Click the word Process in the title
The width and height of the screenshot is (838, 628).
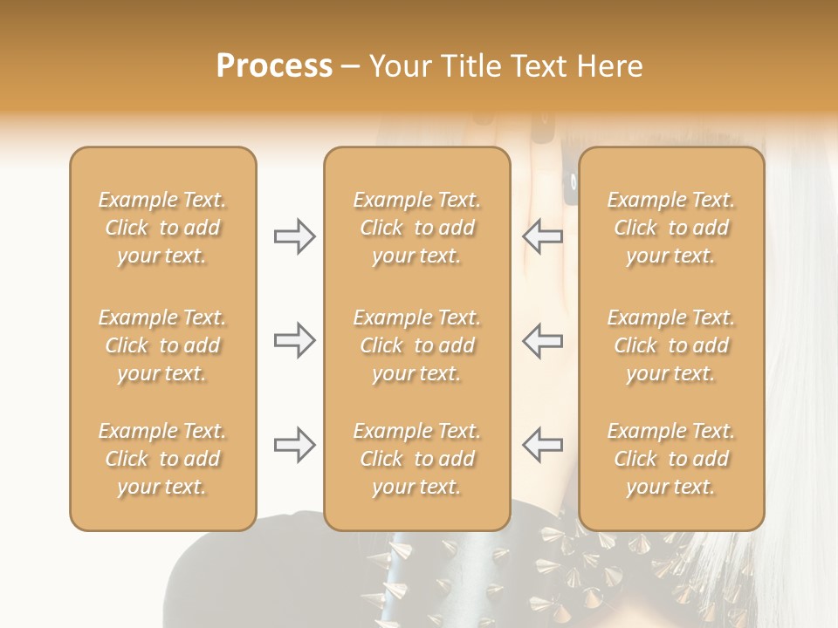pos(274,66)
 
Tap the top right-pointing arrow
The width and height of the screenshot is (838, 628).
pos(295,236)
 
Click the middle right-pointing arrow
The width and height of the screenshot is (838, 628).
pos(295,340)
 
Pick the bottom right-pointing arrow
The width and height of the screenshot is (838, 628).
pos(295,445)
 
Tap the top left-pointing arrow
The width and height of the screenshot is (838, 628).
pos(543,236)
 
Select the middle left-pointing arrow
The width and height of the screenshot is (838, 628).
pos(543,340)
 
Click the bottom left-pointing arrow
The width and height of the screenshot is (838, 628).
pos(543,445)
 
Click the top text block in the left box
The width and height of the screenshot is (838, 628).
pos(162,228)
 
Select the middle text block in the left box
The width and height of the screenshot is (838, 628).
pos(162,345)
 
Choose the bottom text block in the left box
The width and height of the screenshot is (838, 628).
pos(162,459)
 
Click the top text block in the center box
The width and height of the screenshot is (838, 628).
pos(416,228)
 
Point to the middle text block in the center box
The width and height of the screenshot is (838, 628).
pos(416,345)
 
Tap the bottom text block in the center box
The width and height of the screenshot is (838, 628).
pos(416,459)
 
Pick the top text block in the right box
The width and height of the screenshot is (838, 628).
pos(671,228)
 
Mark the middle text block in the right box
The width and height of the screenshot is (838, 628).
pos(671,345)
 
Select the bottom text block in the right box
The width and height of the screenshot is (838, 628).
pos(671,459)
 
